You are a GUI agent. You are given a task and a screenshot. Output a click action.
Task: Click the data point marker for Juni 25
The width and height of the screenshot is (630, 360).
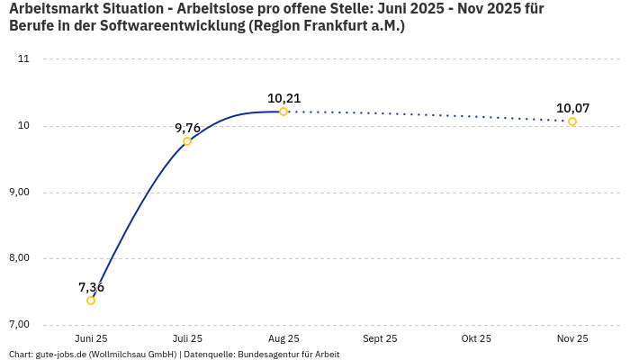point(91,301)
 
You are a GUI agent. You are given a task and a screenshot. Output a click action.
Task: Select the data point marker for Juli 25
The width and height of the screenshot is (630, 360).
point(187,141)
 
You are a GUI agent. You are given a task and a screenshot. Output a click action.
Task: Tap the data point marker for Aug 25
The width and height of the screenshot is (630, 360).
point(283,112)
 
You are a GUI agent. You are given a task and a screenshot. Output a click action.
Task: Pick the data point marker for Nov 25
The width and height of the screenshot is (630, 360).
point(572,121)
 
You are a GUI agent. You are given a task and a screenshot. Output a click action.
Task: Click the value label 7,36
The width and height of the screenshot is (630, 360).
point(91,287)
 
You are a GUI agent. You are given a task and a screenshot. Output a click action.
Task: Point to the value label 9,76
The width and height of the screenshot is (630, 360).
point(187,128)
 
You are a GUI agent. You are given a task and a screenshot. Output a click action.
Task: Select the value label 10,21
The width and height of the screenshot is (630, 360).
point(283,98)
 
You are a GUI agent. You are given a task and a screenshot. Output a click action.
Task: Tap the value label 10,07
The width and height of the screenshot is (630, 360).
point(572,108)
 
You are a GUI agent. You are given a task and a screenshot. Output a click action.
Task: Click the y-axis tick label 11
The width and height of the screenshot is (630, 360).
point(23,59)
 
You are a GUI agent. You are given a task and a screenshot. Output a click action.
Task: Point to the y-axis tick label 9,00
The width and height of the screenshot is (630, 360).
point(19,192)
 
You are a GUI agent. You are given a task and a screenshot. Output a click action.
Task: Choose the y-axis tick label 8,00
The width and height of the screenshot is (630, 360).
point(19,258)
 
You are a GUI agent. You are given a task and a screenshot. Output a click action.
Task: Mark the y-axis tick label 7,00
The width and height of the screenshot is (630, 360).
point(19,324)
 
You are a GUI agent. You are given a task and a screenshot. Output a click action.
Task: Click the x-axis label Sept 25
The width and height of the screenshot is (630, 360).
point(380,338)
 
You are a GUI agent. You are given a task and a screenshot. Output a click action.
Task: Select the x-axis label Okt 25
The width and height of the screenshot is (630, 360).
point(476,338)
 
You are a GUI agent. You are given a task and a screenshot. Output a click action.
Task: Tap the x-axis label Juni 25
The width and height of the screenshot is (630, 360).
point(91,338)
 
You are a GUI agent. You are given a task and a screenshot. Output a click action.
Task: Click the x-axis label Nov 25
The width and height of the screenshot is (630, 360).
point(572,338)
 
